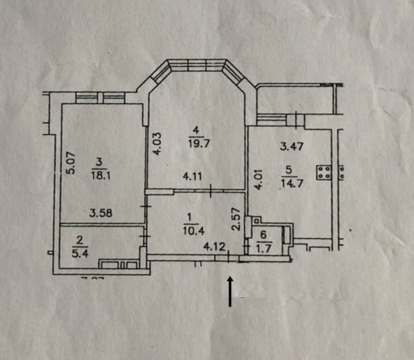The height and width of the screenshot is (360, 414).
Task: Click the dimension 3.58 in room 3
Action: click(x=101, y=213)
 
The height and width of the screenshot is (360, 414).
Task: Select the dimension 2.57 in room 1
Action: click(x=236, y=219)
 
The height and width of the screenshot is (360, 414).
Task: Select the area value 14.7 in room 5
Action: click(x=291, y=183)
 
